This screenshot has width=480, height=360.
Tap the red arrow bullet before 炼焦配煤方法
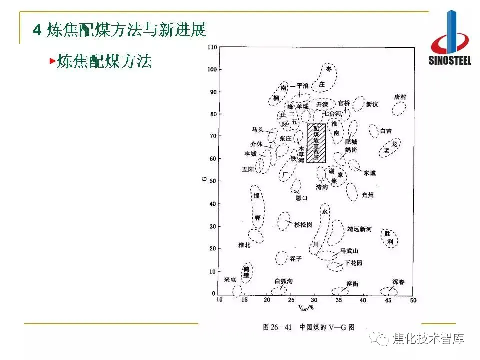[x=52, y=62]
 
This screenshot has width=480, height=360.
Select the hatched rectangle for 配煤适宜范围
[x=316, y=143]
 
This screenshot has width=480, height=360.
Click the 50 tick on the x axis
[x=413, y=300]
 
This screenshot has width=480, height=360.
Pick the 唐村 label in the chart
[x=400, y=97]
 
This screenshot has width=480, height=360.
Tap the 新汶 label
[x=372, y=104]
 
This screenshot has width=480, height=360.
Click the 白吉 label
[x=386, y=131]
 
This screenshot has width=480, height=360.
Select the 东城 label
[x=369, y=173]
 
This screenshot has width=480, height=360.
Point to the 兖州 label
[x=367, y=195]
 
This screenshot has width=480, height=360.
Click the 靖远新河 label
[x=359, y=229]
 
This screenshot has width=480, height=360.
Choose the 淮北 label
[x=244, y=245]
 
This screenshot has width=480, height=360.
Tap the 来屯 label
[x=230, y=279]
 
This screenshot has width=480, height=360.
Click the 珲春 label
[x=398, y=282]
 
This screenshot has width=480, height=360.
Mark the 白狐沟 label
[x=283, y=282]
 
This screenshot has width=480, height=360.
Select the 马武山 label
[x=349, y=251]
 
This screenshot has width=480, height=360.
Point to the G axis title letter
[x=205, y=175]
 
